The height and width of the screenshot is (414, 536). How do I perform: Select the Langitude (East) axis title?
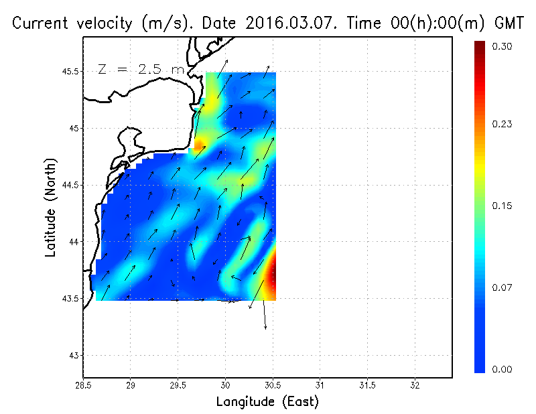(267, 402)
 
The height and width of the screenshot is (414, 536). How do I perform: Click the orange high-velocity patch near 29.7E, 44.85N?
(200, 143)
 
